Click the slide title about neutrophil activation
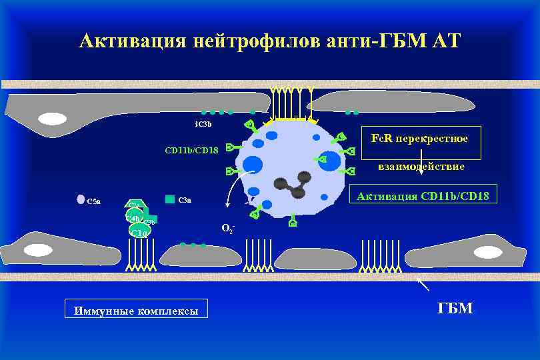(269, 41)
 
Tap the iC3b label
(203, 124)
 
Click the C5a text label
(94, 201)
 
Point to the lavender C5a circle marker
(80, 199)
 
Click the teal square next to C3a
(170, 199)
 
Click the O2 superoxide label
(227, 229)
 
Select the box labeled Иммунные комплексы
(136, 310)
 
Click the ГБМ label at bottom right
(455, 307)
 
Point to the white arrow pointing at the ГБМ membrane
(423, 285)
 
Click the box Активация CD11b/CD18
(423, 195)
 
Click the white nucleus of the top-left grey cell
(52, 119)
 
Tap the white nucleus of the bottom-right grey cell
(489, 251)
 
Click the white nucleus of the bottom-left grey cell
(37, 251)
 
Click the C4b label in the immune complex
(133, 218)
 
